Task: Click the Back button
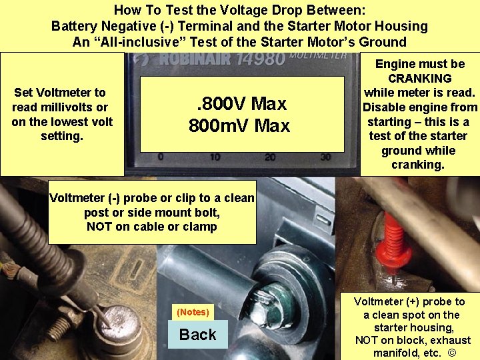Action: tap(197, 335)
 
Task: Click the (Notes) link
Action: tap(193, 312)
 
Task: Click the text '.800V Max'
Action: tap(240, 104)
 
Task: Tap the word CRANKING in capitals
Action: tap(420, 78)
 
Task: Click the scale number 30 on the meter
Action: tap(325, 157)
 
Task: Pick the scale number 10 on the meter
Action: tap(215, 157)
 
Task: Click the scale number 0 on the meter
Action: tap(160, 157)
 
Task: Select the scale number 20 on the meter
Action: tap(270, 157)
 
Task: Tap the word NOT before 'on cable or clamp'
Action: tap(101, 226)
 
